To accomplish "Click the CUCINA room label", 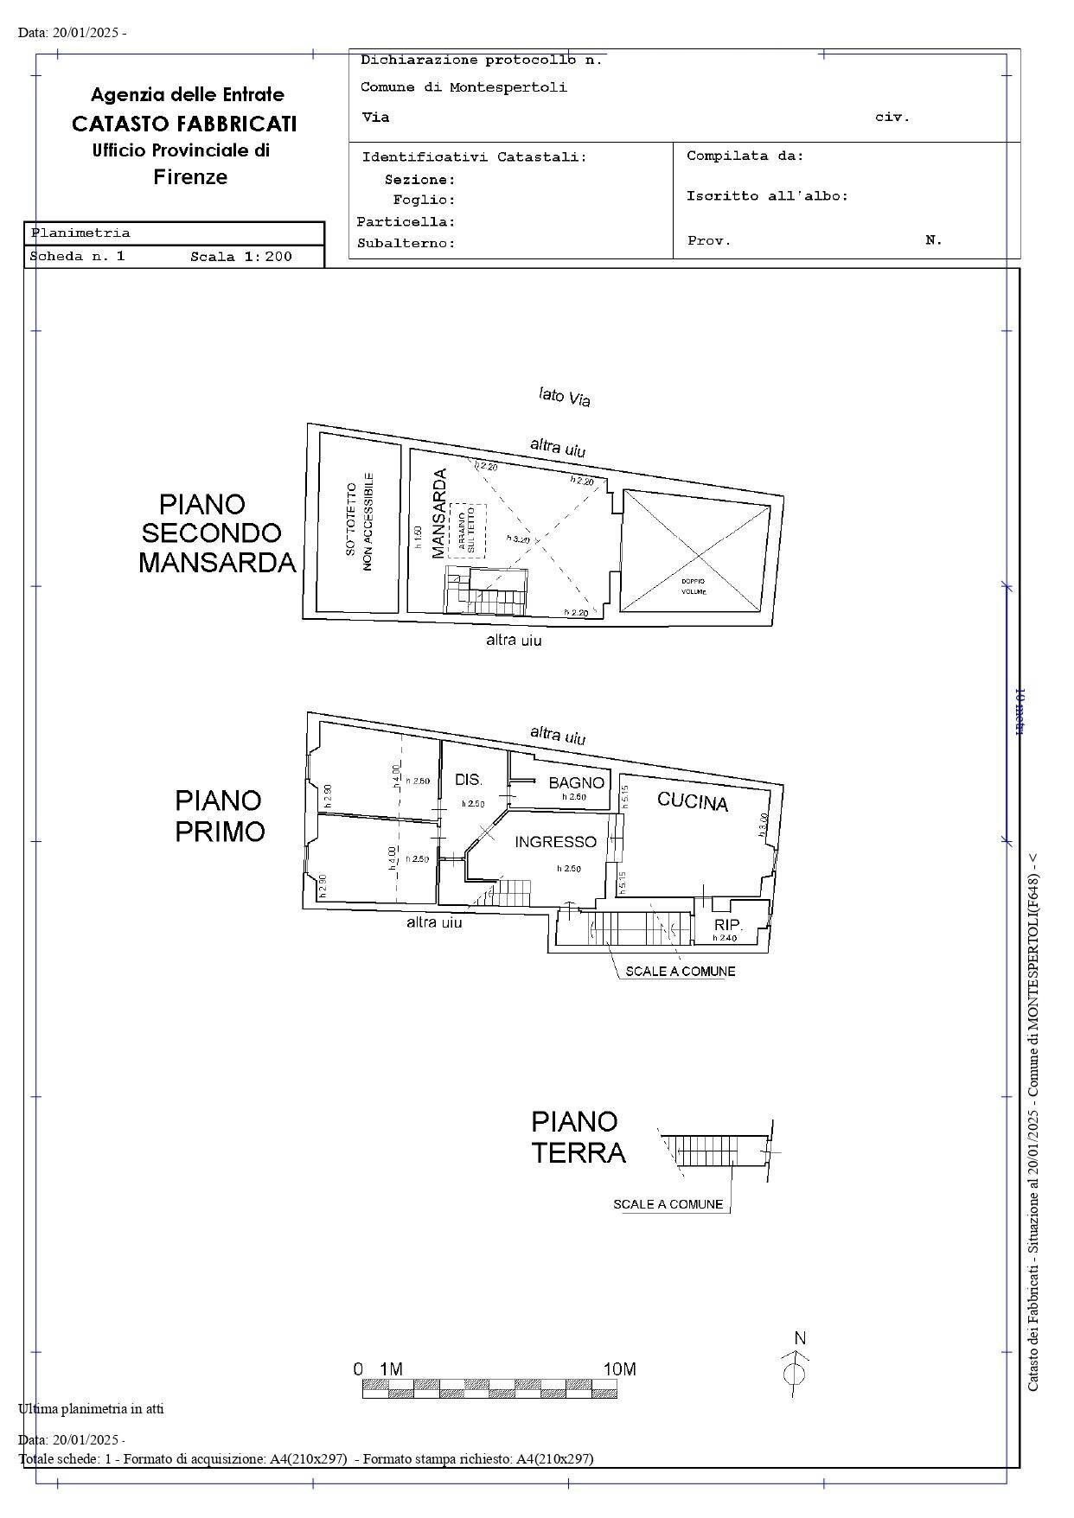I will click(693, 801).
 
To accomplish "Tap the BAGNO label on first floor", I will click(576, 783).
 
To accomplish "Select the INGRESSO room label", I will click(555, 842).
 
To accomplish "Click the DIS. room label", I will click(469, 780).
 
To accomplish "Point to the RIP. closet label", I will click(728, 925).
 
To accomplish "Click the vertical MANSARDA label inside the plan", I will click(438, 513).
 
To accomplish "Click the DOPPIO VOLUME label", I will click(694, 586).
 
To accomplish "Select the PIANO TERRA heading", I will click(578, 1137).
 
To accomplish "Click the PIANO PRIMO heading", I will click(220, 815).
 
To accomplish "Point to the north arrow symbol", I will click(796, 1368).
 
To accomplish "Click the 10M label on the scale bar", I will click(619, 1369).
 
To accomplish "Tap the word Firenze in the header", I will click(190, 177).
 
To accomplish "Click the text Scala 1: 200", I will click(241, 257).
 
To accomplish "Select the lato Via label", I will click(564, 397).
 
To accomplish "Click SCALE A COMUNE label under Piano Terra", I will click(668, 1204).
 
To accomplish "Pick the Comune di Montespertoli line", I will click(463, 87).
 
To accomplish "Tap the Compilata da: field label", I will click(745, 156).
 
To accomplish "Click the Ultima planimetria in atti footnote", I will click(91, 1409).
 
